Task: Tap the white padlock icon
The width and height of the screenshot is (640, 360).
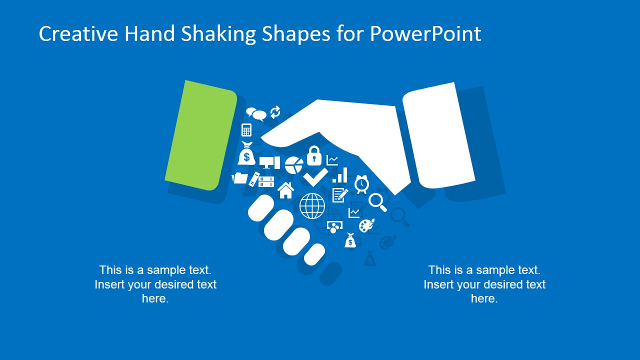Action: click(314, 155)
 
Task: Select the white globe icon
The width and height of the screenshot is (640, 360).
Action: click(312, 205)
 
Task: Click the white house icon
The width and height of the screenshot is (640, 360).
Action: click(285, 190)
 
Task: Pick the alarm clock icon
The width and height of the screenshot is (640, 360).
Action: click(361, 184)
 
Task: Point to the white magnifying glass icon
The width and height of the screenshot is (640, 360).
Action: click(377, 201)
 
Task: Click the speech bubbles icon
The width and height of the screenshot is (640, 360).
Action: click(256, 114)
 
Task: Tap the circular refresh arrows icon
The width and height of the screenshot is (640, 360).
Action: click(275, 112)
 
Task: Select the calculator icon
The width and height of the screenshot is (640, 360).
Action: click(246, 130)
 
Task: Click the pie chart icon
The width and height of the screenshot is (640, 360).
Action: click(294, 164)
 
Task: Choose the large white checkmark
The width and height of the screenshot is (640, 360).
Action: click(315, 176)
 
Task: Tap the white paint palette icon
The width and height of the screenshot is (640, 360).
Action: click(366, 225)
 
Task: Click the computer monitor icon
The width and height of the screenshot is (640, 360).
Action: click(269, 162)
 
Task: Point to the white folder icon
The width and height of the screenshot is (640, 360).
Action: click(240, 177)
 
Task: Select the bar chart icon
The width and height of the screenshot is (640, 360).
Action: click(340, 175)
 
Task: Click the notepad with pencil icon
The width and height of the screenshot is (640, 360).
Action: click(339, 194)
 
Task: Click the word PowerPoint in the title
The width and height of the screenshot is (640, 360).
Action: click(425, 33)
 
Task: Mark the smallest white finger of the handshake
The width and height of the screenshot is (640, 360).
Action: click(314, 254)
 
